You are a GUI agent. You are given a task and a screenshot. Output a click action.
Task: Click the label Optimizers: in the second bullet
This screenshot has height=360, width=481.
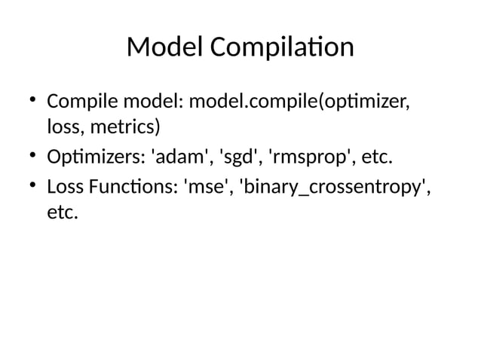click(96, 158)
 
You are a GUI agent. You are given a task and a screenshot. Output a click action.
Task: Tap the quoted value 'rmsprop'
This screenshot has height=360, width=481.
click(308, 158)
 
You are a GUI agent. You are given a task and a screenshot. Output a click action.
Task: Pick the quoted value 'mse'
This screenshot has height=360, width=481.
click(207, 187)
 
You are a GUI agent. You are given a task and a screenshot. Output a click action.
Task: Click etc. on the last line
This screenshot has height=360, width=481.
click(62, 215)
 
